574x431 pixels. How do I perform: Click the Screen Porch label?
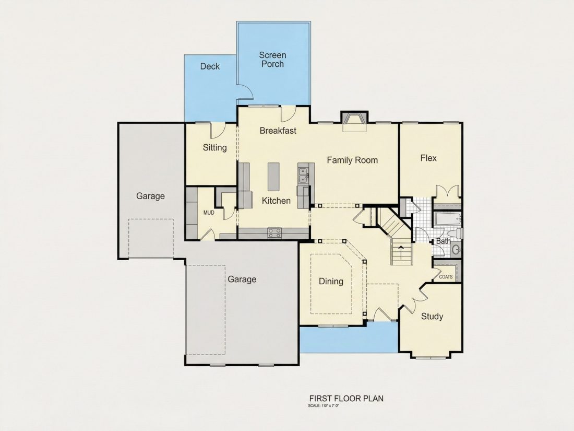272,60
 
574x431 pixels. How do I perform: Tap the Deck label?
210,66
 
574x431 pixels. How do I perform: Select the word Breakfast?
278,131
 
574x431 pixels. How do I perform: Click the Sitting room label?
215,148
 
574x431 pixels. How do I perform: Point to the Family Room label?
352,160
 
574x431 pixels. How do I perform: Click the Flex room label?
428,158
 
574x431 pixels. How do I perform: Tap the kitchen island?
273,177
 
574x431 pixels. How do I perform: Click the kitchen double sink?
304,175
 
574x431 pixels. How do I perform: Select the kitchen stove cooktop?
274,232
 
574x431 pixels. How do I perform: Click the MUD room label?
209,213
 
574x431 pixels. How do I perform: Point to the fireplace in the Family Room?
354,122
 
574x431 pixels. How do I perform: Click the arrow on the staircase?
402,252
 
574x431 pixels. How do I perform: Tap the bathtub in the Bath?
447,219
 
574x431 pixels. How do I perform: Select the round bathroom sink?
456,250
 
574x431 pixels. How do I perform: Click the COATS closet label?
446,277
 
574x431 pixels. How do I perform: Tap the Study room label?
432,316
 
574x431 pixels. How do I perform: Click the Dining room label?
331,282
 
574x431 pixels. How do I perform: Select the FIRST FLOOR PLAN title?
346,399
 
